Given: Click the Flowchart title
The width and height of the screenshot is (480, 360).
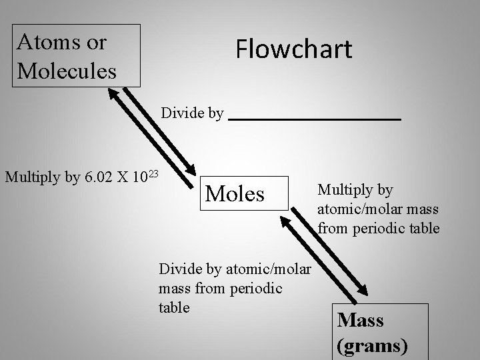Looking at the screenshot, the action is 293,49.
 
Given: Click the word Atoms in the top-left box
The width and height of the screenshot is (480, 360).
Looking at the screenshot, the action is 46,42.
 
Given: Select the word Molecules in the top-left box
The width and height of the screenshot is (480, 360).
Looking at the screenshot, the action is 67,69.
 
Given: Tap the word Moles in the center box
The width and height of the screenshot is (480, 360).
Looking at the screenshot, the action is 235,193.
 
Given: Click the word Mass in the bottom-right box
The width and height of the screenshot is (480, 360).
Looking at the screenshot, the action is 361,320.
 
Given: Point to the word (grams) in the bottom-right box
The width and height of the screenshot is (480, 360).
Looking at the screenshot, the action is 372,346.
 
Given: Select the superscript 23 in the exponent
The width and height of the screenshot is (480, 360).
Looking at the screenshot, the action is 153,174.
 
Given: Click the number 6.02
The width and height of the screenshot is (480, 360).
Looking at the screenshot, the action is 100,178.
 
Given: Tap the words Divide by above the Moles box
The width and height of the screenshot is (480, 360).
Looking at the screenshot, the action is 192,113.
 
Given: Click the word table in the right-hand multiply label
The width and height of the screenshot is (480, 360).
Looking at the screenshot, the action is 423,228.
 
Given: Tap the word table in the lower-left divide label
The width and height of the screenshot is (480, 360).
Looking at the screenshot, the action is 174,307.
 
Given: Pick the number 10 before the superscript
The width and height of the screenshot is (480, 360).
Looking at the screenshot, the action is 140,178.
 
